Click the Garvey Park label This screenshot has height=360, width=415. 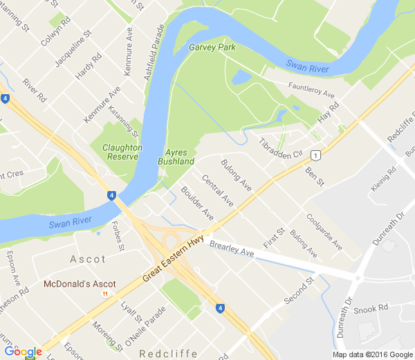[212, 48]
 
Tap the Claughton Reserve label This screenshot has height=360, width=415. [122, 152]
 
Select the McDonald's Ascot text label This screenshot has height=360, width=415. [80, 284]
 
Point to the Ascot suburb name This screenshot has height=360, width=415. [89, 260]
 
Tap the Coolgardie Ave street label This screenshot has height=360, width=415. [324, 232]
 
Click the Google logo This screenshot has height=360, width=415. [23, 352]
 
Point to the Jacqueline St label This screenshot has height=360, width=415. [73, 49]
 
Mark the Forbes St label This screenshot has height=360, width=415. [117, 235]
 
